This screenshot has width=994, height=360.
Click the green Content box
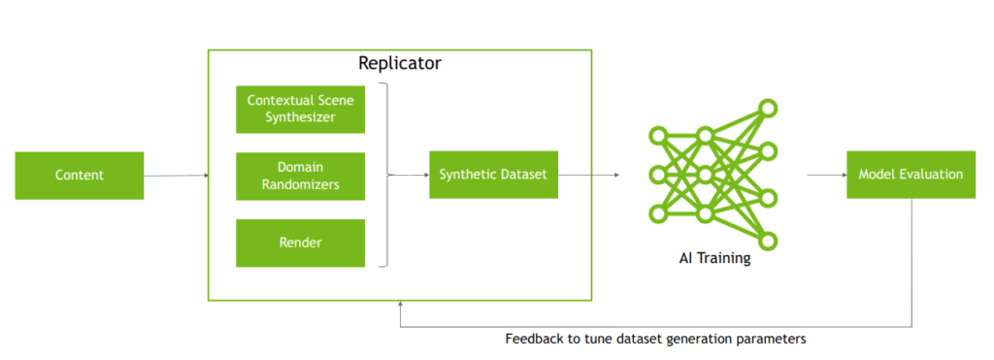tap(79, 176)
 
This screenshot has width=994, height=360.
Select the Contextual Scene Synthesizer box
tap(301, 109)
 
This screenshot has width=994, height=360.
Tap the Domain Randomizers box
tap(301, 176)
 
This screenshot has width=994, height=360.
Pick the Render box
tap(301, 243)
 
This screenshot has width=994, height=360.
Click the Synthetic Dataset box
tap(493, 175)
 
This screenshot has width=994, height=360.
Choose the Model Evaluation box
tap(911, 175)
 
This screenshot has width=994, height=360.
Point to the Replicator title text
tap(399, 64)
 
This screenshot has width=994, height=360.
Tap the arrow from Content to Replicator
tap(176, 176)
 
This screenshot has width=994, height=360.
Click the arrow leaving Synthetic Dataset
tap(588, 175)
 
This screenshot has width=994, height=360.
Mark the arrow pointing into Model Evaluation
tap(825, 176)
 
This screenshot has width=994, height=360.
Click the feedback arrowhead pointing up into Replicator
tap(401, 304)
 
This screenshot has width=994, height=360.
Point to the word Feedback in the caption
tap(533, 340)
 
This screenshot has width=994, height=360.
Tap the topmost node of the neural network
tap(768, 108)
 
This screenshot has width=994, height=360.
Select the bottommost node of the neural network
tap(768, 242)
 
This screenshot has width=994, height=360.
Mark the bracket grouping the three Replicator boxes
tap(386, 175)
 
